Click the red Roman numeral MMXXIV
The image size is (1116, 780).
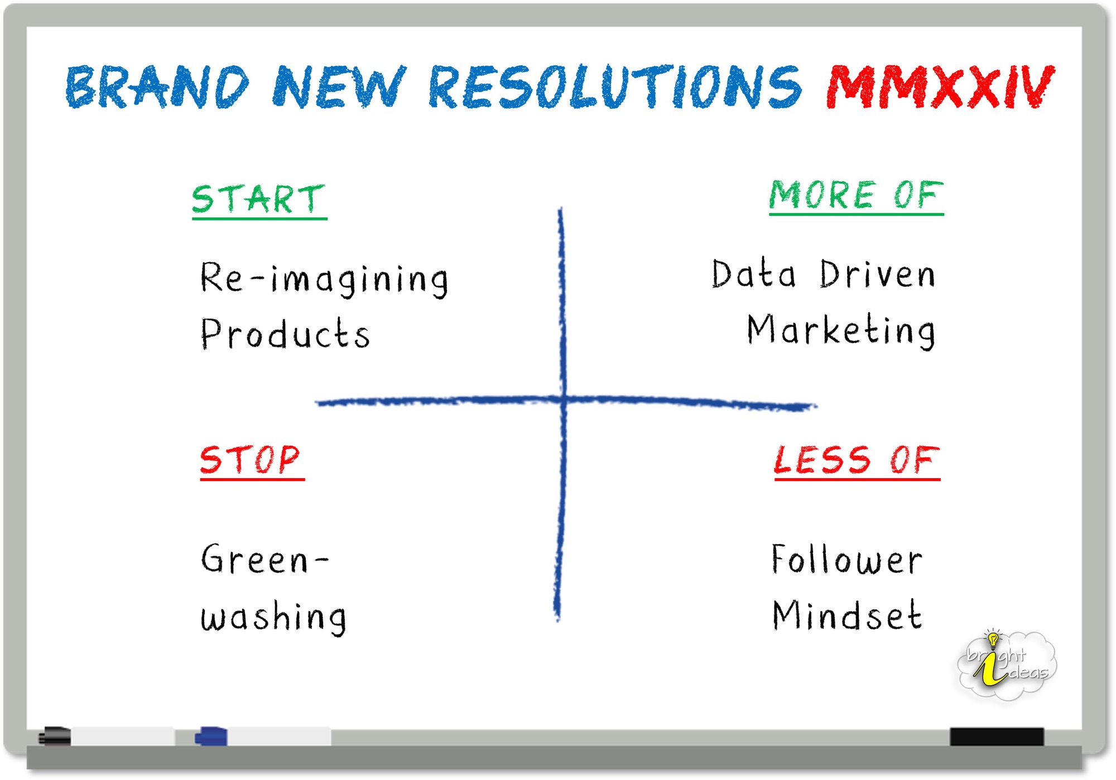coord(940,86)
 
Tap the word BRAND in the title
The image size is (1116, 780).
coord(157,86)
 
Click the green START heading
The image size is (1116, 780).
coord(259,200)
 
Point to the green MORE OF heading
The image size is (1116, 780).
coord(857,196)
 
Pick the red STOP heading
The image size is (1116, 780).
coord(252,461)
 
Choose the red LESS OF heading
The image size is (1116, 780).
coord(857,461)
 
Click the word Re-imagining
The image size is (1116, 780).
coord(324,279)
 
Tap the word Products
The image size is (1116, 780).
coord(285,334)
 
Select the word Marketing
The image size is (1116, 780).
coord(841,331)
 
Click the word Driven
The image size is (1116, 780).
coord(878,275)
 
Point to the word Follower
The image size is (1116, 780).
coord(847,559)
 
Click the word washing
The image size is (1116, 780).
coord(273,618)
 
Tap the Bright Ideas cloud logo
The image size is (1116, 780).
coord(1007,664)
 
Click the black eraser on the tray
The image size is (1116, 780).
coord(997,736)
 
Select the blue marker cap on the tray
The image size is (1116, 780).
coord(211,736)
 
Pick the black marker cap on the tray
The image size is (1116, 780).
coord(55,736)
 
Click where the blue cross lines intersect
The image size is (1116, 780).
coord(563,399)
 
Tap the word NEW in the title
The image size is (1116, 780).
coord(339,86)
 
